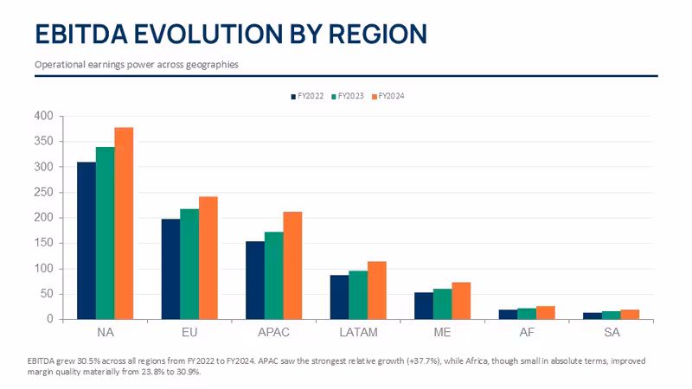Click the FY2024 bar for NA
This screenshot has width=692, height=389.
coord(124,223)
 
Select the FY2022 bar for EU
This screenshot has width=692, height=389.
coord(170,269)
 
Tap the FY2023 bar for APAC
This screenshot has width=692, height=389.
coord(274,276)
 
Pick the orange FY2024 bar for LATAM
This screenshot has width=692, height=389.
coord(377,290)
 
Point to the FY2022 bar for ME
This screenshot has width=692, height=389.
coord(424,306)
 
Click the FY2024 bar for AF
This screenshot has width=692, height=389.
coord(546,313)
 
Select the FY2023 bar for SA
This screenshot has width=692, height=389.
coord(612,316)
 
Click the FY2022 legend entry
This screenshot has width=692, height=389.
coord(307,96)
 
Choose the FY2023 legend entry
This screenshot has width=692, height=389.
coord(348,96)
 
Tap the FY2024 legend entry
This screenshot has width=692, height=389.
coord(388,96)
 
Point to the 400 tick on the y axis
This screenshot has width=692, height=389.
coord(44,116)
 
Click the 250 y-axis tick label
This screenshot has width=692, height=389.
coord(44,192)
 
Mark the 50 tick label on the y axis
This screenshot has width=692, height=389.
coord(47,294)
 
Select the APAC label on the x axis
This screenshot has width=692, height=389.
coord(273,332)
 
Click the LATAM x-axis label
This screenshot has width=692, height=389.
coord(358,332)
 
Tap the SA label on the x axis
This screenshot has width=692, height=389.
coord(612,332)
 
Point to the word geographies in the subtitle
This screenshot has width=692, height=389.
coord(212,64)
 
